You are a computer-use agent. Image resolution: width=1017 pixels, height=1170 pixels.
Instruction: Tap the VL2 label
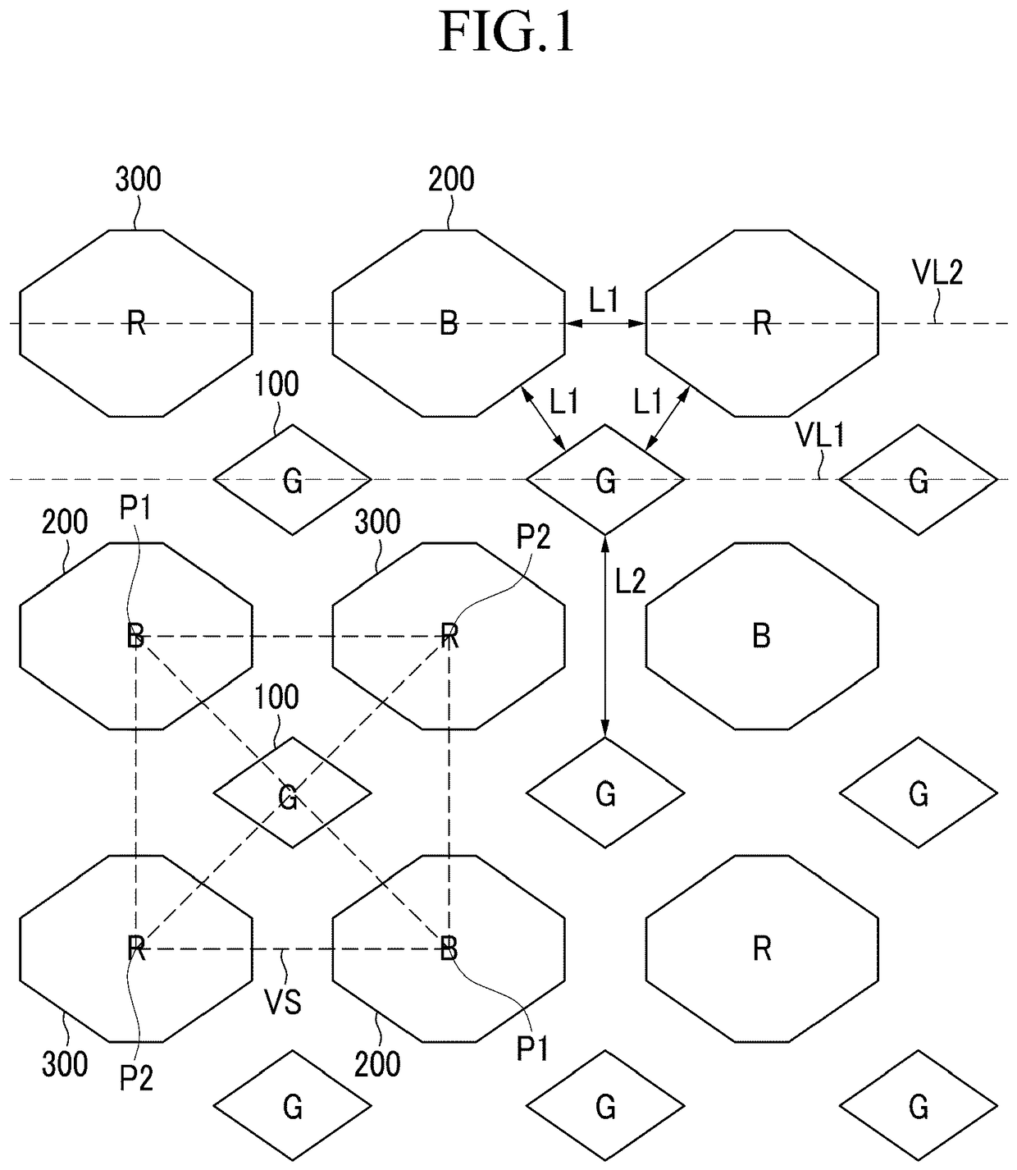coord(936,272)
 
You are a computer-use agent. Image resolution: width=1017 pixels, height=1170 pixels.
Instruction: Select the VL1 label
coord(819,436)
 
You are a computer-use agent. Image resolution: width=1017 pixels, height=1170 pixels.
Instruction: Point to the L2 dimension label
coord(630,582)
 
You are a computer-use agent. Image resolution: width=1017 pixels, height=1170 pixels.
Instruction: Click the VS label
coord(283,1002)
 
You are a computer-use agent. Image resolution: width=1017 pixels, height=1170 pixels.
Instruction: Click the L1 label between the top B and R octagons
coord(604,301)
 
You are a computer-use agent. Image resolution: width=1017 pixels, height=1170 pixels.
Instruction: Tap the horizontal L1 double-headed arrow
coord(605,324)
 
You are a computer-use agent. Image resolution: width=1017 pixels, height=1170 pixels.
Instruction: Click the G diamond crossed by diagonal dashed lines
coord(292,793)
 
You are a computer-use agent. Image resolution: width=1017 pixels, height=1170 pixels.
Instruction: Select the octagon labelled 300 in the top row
coord(136,323)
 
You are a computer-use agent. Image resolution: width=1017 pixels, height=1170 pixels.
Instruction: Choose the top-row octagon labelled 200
coord(449,323)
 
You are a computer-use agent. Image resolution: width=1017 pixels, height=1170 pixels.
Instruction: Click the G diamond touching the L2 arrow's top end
coord(605,479)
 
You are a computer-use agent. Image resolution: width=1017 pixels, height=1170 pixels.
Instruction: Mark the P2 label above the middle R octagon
coord(533,537)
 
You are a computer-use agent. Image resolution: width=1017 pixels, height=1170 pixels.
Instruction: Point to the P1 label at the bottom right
coord(532,1048)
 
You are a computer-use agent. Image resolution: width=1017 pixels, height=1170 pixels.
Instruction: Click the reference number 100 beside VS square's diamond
coord(276,697)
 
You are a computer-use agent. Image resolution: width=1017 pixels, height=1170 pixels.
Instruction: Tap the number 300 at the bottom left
coord(65,1064)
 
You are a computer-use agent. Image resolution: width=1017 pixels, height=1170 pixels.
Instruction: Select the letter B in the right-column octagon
coord(761,636)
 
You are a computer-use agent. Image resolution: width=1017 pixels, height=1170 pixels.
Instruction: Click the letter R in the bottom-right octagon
coord(761,949)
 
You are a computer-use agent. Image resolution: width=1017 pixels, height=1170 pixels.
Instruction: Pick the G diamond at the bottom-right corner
coord(919,1107)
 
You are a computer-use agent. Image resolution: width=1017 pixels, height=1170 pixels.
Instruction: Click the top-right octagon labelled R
coord(762,323)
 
